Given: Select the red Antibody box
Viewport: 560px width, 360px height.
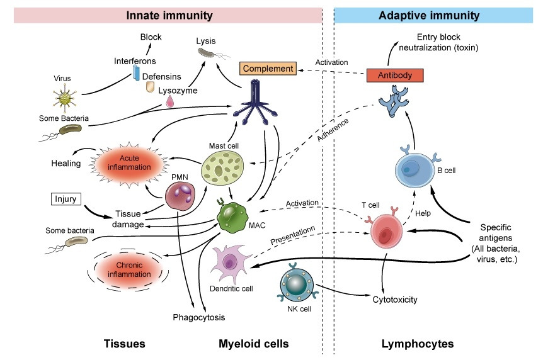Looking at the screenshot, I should [394, 76].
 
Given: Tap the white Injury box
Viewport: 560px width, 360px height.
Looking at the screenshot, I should [65, 200].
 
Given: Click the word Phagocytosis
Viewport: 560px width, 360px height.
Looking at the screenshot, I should [198, 317].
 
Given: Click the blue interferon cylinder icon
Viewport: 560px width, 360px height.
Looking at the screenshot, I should [136, 74].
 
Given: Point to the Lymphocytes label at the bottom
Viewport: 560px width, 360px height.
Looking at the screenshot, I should [417, 344].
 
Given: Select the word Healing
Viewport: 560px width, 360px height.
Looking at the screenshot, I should [66, 164].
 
